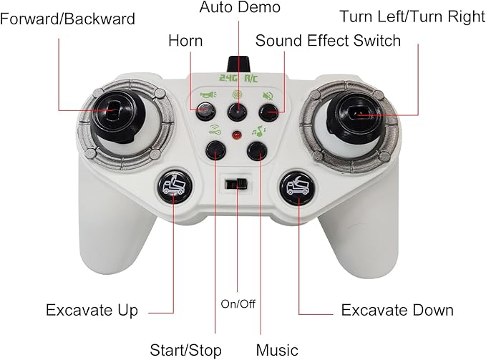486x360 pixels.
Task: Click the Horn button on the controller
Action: [x=206, y=111]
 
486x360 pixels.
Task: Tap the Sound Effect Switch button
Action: [x=268, y=112]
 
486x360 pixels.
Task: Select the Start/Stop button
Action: [x=215, y=150]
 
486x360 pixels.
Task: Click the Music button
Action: [x=257, y=151]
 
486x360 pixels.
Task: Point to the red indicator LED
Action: [x=237, y=135]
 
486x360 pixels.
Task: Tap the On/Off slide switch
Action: [x=236, y=184]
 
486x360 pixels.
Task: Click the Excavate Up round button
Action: [x=175, y=186]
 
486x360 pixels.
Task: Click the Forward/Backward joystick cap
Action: [x=117, y=115]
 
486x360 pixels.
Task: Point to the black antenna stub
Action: [x=238, y=64]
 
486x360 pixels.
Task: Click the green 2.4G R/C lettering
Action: [x=238, y=78]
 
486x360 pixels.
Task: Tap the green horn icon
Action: [x=208, y=94]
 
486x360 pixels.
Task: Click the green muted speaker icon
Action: [x=268, y=96]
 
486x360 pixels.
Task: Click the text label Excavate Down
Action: [x=397, y=310]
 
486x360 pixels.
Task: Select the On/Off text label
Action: [x=238, y=304]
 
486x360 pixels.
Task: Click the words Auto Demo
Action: [x=240, y=7]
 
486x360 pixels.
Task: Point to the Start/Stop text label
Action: [x=185, y=350]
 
